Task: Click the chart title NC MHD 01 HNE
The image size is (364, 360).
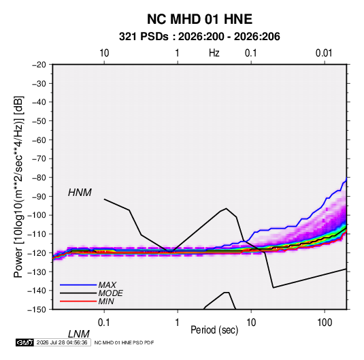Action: coord(199,19)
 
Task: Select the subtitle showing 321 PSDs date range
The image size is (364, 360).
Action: coord(199,37)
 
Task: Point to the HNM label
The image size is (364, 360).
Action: coord(80,193)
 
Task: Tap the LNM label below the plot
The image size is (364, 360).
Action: coord(79,334)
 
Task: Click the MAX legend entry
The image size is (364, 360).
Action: coord(107,284)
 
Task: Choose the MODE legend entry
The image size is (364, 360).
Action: coord(110,293)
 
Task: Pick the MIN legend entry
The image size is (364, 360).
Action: coord(106,301)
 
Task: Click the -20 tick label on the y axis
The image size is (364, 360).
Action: coord(39,65)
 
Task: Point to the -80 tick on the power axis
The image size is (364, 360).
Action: coord(39,178)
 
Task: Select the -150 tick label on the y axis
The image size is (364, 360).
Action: coord(37,310)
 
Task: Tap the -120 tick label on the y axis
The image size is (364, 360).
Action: coord(37,253)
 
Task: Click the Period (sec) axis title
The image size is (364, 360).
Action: coord(214,330)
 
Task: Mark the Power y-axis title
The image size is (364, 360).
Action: coord(18,187)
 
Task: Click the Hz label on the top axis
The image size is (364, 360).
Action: coord(214,53)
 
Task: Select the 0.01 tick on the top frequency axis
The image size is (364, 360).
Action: coord(324,53)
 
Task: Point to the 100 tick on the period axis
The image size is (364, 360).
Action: coord(325,323)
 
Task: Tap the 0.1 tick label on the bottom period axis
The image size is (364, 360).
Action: coord(104,323)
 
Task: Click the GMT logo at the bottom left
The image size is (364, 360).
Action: coord(24,342)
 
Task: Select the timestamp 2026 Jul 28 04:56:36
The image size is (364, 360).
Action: coord(62,342)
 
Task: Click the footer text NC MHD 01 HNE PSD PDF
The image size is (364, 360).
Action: coord(124,342)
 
